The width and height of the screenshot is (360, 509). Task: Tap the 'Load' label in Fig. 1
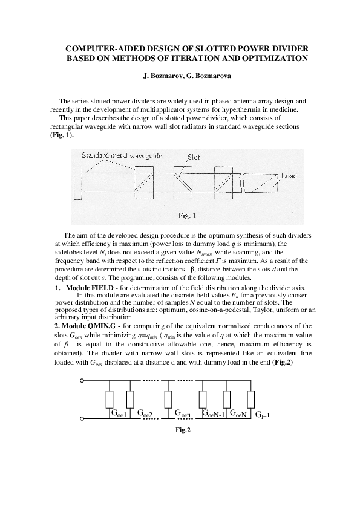coord(289,176)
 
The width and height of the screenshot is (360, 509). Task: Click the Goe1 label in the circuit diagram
coord(119,413)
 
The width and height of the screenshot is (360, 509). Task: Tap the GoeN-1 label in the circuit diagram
coord(212,414)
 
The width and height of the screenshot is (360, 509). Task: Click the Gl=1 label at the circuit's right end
coord(261,415)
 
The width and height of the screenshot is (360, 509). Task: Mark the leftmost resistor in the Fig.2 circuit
coord(110,399)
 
